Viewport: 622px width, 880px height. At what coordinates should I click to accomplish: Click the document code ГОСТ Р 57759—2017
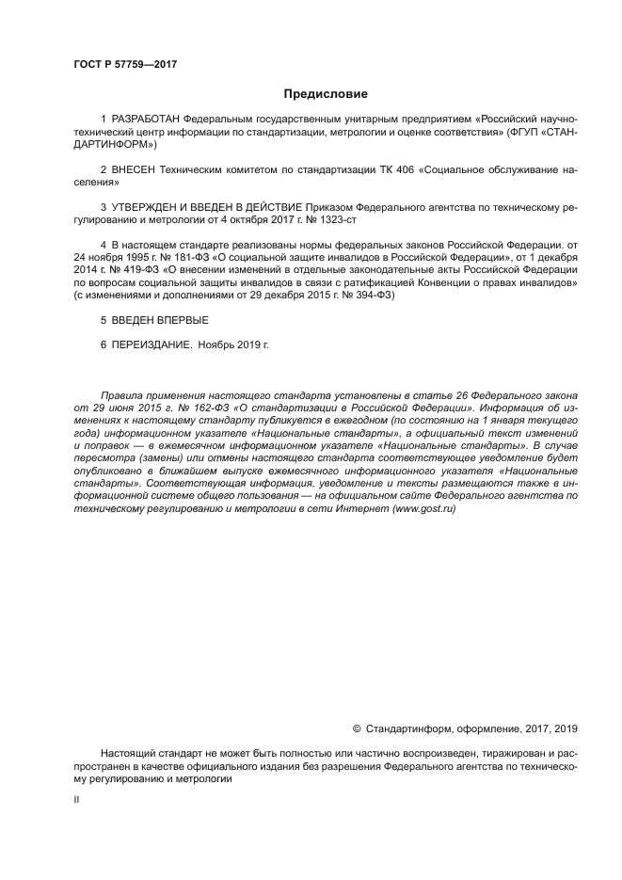(x=125, y=64)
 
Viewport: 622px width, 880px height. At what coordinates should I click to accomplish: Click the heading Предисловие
(x=326, y=94)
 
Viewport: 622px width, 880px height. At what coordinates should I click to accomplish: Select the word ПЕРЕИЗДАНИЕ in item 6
(x=152, y=345)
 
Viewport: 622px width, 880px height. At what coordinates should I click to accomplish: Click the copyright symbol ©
(x=357, y=728)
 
